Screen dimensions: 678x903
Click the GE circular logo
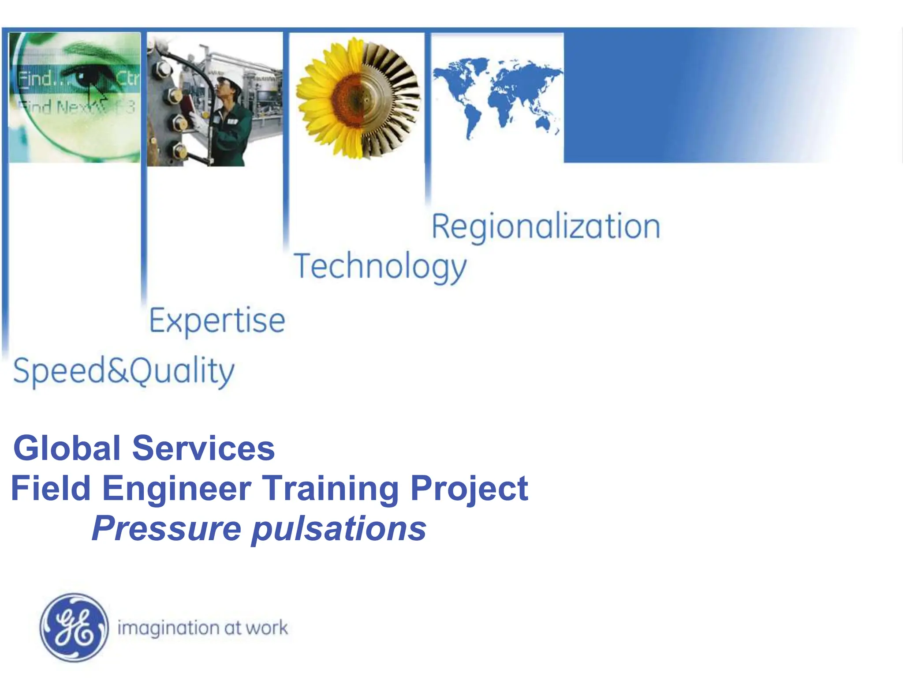click(x=74, y=627)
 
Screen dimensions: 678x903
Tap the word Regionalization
click(x=545, y=226)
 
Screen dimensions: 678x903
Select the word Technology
click(x=380, y=266)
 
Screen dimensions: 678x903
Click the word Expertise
click(x=217, y=320)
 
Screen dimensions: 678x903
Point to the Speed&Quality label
click(x=124, y=371)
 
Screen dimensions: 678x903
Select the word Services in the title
click(x=203, y=448)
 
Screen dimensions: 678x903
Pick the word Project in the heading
click(x=469, y=488)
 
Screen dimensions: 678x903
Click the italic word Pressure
click(x=166, y=528)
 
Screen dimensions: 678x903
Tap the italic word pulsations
click(x=339, y=528)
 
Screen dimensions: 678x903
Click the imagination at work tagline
click(x=202, y=628)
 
